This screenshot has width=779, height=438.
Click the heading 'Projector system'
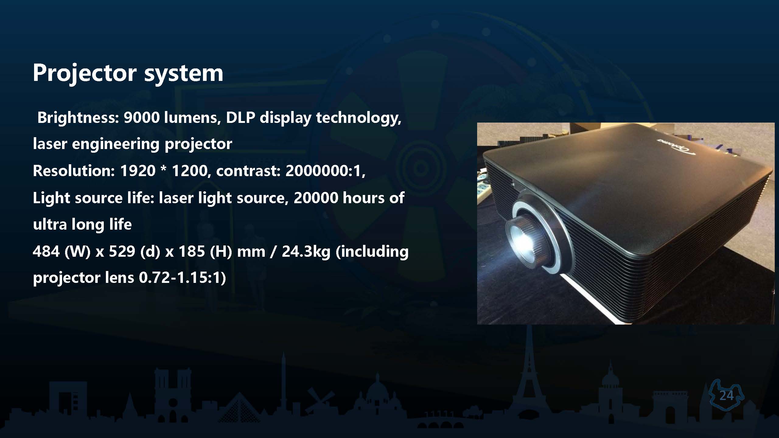[128, 73]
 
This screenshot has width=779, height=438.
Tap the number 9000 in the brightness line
[141, 118]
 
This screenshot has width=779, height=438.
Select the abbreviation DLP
[240, 118]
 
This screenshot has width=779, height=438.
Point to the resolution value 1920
[138, 171]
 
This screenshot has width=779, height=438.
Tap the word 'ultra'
[50, 224]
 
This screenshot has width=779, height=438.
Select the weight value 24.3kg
[306, 252]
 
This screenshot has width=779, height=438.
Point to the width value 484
[46, 252]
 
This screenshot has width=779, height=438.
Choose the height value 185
[192, 252]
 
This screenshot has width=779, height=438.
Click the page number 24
[726, 396]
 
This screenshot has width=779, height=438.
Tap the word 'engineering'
[116, 144]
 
